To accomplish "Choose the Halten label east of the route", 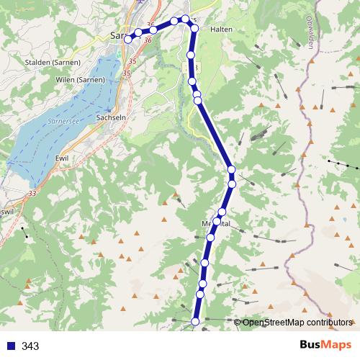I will pos(220,30).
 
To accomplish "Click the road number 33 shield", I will pos(32,194).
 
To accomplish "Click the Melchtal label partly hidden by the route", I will pos(216,223).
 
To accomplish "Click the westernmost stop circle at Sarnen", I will pos(128,40).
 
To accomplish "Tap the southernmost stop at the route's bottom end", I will pos(195,321).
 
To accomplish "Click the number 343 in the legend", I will pos(30,346).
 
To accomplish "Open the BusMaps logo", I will pos(327,345).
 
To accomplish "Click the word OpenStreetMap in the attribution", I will pos(273,323).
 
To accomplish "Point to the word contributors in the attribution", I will pos(329,323).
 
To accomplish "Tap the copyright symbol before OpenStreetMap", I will pos(238,323).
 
